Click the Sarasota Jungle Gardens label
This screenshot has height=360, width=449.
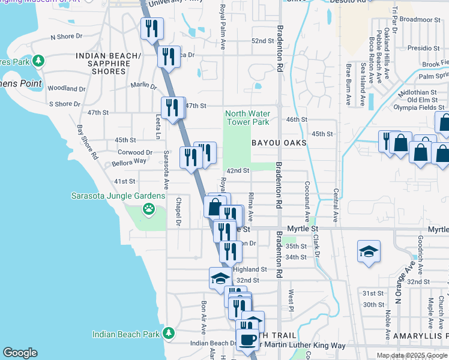coord(118,196)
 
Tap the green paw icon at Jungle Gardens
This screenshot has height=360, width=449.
coord(148,209)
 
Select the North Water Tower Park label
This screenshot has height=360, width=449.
coord(247,118)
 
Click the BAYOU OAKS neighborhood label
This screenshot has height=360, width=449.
coord(279,143)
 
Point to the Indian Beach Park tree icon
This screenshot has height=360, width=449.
coord(170,332)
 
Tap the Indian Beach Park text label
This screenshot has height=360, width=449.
coord(125,334)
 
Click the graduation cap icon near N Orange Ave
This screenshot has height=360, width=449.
coord(369,251)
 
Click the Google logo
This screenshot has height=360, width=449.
coord(20,353)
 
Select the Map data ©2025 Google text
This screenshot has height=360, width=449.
coord(412,355)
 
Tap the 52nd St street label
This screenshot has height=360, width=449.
coord(262,41)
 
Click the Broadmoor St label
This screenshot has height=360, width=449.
coord(420,19)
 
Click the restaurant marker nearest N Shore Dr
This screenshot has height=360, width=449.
coord(151,28)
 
